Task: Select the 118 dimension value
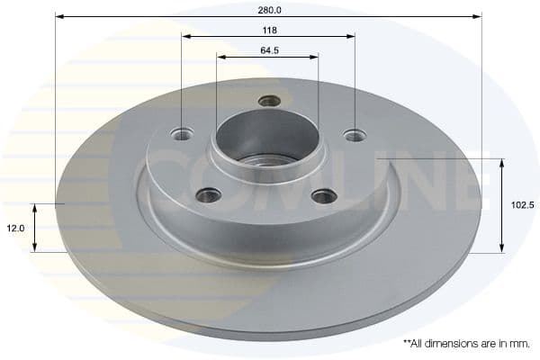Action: coord(268,30)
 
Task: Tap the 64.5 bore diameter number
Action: coord(269,50)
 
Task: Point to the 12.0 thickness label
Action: coord(15,229)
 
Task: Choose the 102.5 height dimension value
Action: coord(522,205)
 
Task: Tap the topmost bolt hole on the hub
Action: coord(269,101)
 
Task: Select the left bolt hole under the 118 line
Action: coord(183,135)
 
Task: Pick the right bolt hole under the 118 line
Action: coord(355,136)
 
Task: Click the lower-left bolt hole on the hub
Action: coord(209,193)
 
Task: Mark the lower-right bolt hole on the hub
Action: coord(324,195)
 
